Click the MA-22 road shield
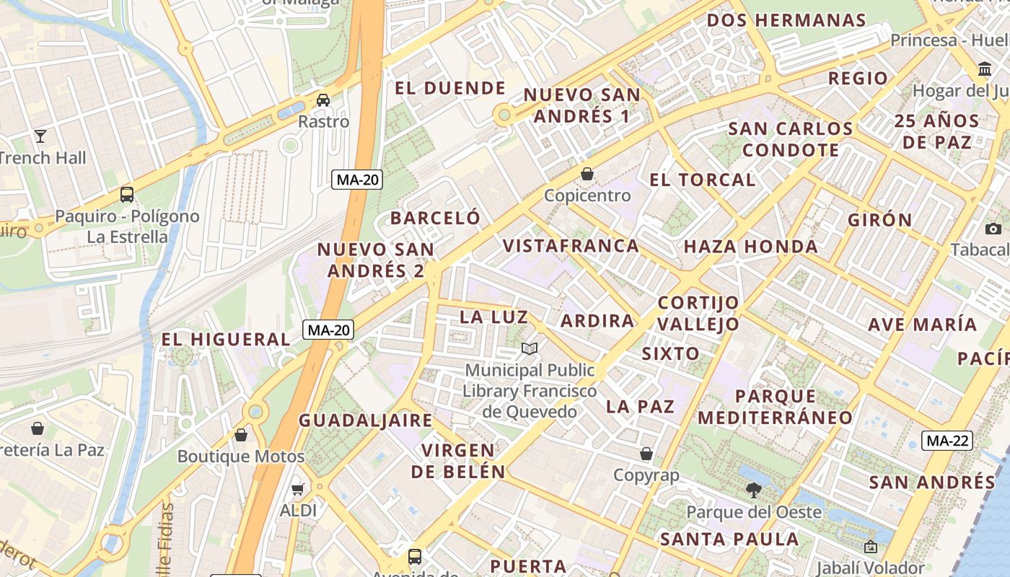pos(948,440)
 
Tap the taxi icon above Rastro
pos(323,100)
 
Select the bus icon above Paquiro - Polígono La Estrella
pos(127,194)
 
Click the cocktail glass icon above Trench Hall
pos(40,136)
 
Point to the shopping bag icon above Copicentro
pos(587,174)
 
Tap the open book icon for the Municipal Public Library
pos(530,349)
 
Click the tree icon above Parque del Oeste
pos(753,490)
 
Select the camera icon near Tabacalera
pos(993,229)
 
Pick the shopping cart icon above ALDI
pos(297,490)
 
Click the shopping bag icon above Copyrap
pos(646,454)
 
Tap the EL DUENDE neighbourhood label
pos(450,88)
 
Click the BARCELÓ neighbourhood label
pos(435,218)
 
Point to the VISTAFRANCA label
pos(571,245)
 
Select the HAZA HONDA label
pos(750,247)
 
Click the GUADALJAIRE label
pos(366,420)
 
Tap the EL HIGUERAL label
pos(225,339)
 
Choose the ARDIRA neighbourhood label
pos(597,320)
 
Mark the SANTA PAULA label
pos(729,539)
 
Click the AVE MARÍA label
pos(922,325)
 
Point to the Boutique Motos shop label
pos(240,456)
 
